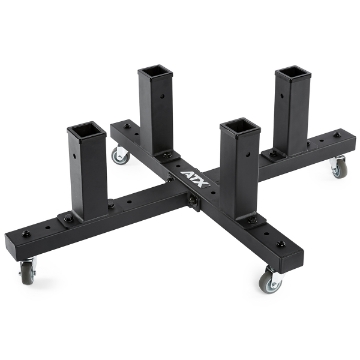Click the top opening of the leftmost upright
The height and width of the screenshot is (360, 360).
tap(86, 129)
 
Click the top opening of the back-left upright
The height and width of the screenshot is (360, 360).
tap(158, 69)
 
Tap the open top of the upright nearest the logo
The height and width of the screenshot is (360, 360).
tap(240, 126)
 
